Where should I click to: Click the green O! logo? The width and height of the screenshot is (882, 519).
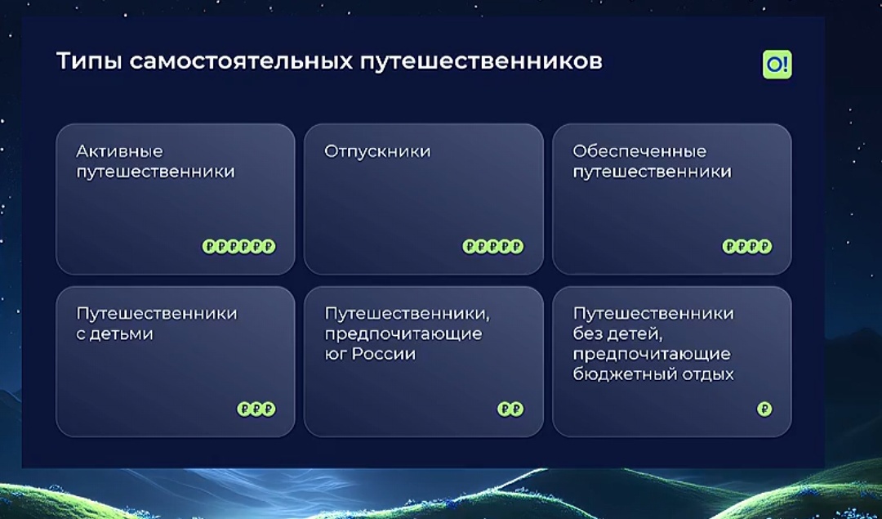[777, 65]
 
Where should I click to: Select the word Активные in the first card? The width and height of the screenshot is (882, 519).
[119, 151]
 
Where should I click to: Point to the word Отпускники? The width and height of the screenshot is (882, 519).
[377, 151]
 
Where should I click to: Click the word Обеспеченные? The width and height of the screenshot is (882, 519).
[639, 151]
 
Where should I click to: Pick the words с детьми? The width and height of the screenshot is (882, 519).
[114, 333]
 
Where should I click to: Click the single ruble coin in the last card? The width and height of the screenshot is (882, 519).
[764, 409]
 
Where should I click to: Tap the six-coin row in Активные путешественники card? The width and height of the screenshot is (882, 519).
[238, 246]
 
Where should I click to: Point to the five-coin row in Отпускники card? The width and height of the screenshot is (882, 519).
[492, 246]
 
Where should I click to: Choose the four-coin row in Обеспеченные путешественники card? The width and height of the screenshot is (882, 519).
[746, 246]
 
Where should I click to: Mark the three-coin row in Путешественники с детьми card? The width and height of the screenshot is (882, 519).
[256, 409]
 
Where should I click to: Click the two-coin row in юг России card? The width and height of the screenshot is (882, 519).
[510, 409]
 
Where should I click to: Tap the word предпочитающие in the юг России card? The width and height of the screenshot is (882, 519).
[403, 333]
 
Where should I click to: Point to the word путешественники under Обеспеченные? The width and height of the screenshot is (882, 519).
[652, 172]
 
